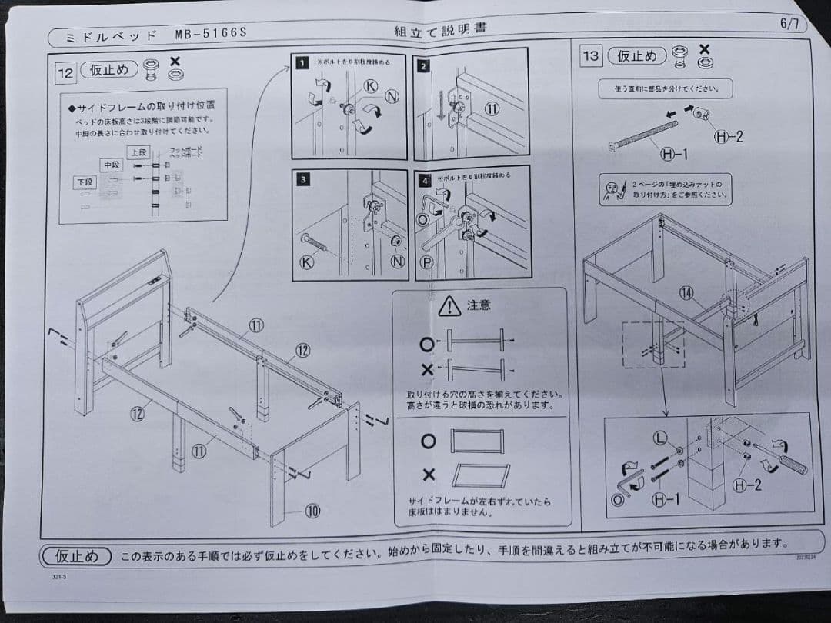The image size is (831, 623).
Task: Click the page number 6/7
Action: [789, 24]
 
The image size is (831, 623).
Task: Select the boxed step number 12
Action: [66, 73]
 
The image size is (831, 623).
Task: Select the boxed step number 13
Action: [591, 55]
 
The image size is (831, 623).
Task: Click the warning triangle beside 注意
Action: [449, 306]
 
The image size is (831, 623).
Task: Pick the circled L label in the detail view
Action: [659, 438]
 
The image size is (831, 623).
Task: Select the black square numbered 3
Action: [304, 179]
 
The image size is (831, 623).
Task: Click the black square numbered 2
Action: [423, 65]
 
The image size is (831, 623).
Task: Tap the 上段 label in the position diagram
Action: [138, 152]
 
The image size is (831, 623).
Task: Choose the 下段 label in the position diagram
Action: [85, 182]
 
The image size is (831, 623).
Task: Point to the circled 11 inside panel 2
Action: [491, 108]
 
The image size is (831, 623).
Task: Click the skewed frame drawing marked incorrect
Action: [479, 475]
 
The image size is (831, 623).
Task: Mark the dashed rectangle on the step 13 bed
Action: [653, 344]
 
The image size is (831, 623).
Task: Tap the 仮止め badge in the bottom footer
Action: [76, 555]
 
